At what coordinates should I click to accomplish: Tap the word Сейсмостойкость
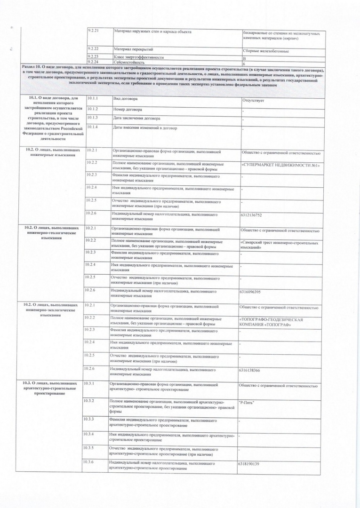(129, 62)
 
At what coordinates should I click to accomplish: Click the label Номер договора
(128, 109)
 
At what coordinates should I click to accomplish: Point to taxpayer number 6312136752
(251, 215)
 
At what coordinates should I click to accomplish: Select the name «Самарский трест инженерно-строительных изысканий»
(279, 245)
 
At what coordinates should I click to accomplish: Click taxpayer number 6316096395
(250, 292)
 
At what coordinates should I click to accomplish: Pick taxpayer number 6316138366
(249, 370)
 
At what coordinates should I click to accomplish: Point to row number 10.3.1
(88, 384)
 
